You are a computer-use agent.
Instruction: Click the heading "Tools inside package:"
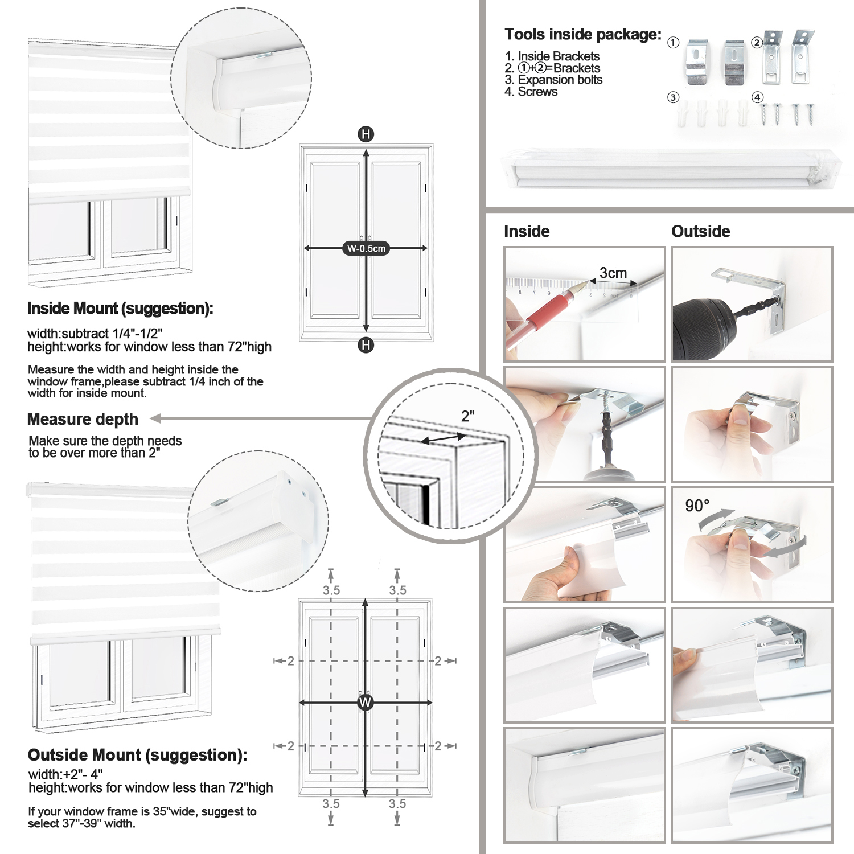pyautogui.click(x=583, y=35)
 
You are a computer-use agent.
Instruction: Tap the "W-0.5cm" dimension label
pyautogui.click(x=366, y=248)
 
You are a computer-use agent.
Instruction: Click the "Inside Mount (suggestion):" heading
pyautogui.click(x=120, y=309)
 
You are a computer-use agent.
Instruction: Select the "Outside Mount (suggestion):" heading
pyautogui.click(x=138, y=755)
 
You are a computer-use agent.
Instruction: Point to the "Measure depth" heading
pyautogui.click(x=83, y=419)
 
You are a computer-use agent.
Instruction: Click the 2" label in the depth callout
pyautogui.click(x=468, y=416)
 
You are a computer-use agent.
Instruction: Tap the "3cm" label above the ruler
pyautogui.click(x=613, y=273)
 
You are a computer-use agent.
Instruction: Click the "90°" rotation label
pyautogui.click(x=697, y=506)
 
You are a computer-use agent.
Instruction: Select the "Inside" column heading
pyautogui.click(x=527, y=231)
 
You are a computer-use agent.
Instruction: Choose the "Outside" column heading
pyautogui.click(x=701, y=231)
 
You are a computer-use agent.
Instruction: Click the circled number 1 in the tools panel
pyautogui.click(x=673, y=43)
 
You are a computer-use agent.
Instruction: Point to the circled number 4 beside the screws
pyautogui.click(x=757, y=97)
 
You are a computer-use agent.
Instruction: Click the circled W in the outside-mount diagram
pyautogui.click(x=366, y=703)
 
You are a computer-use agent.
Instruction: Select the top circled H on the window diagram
pyautogui.click(x=366, y=134)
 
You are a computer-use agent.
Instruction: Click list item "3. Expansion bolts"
pyautogui.click(x=553, y=80)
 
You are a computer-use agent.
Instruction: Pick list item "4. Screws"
pyautogui.click(x=531, y=92)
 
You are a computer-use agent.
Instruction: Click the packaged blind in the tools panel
pyautogui.click(x=672, y=169)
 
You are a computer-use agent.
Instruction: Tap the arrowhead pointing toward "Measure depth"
pyautogui.click(x=155, y=419)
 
